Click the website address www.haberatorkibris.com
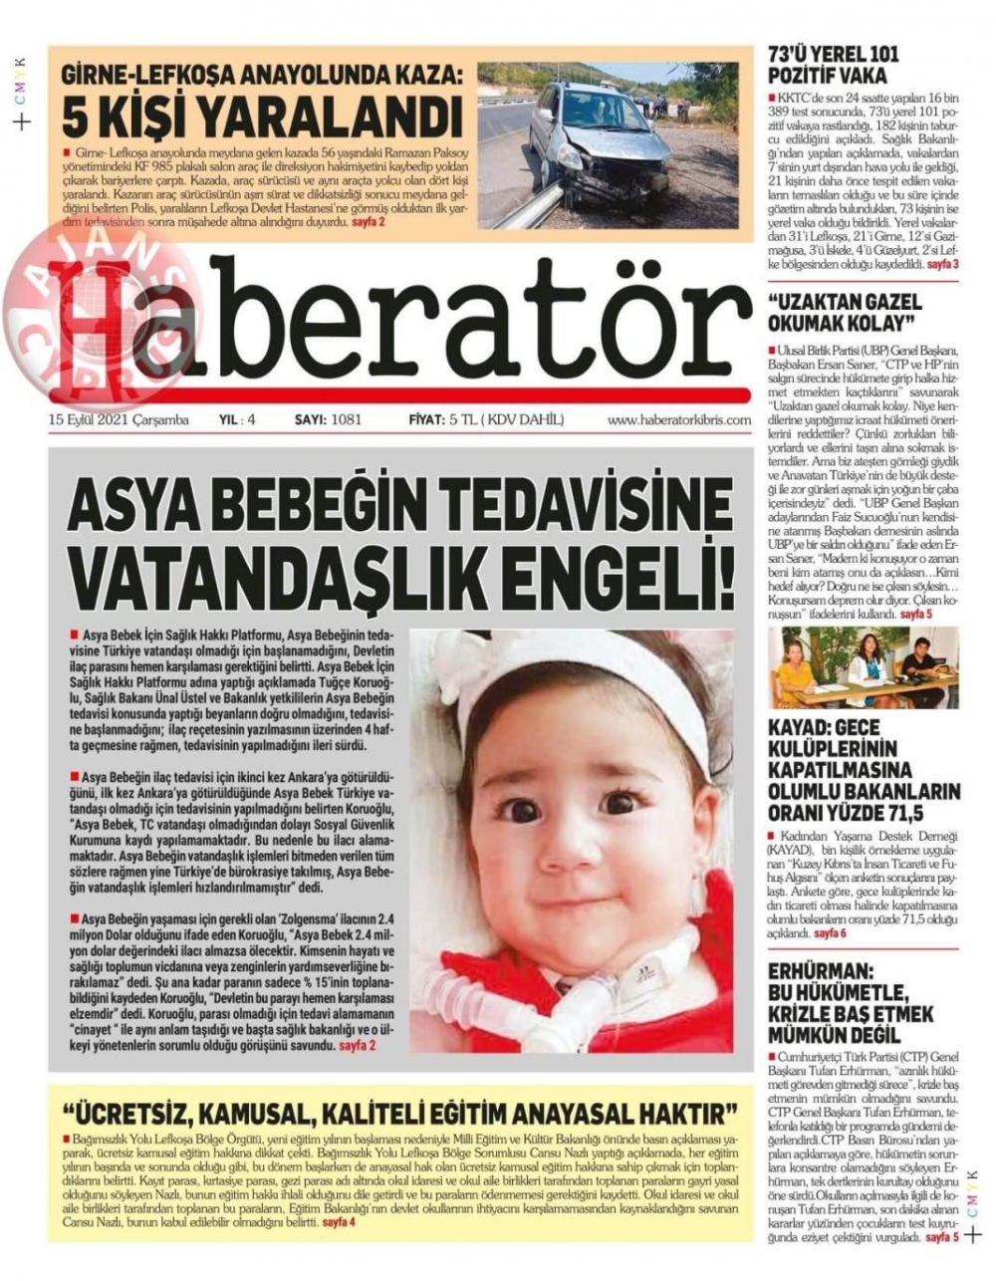[678, 420]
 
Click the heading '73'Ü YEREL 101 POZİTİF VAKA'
[833, 66]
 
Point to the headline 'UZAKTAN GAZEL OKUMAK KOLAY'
[842, 312]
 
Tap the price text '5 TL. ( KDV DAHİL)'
[506, 420]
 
